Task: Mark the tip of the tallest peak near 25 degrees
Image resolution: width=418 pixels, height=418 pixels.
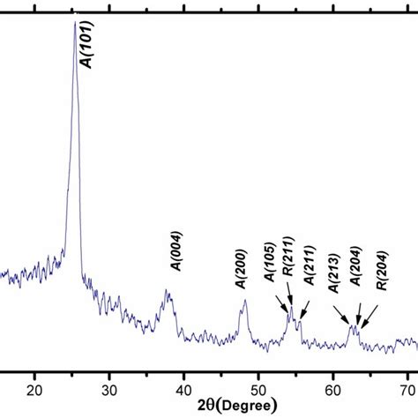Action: coord(74,21)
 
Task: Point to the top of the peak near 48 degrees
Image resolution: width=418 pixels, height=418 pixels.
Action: coord(245,301)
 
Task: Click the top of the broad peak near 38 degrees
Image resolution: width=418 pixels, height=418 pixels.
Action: coord(168,291)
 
